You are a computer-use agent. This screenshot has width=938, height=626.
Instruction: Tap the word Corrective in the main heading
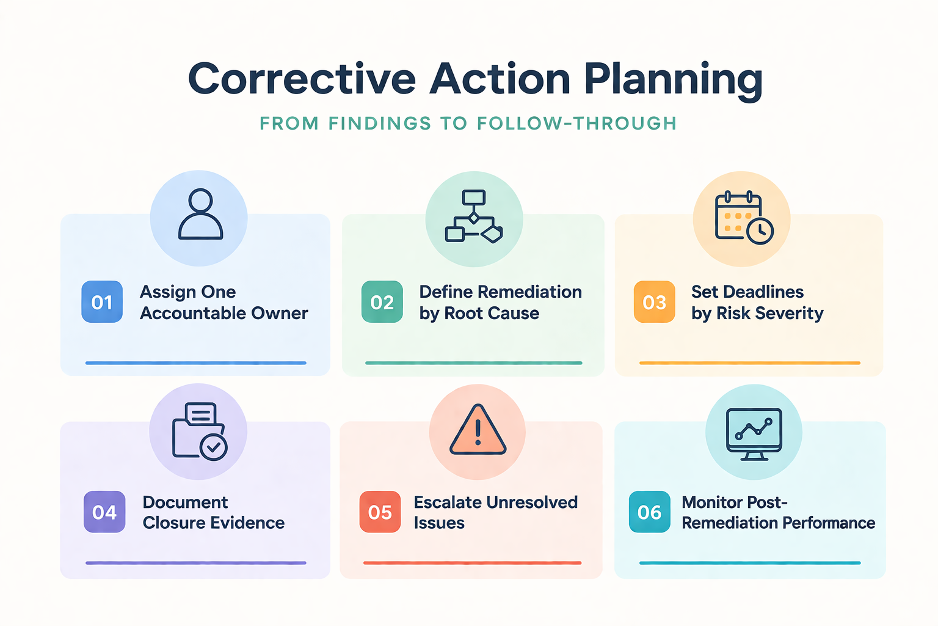tap(302, 79)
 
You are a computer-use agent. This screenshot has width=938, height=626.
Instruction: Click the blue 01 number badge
tap(102, 302)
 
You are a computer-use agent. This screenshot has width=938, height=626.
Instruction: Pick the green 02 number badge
tap(382, 302)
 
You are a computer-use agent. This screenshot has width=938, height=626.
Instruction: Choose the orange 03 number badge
tap(654, 302)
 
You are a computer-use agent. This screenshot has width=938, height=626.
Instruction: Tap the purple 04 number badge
tap(104, 512)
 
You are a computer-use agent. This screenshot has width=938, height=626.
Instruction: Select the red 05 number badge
tap(380, 512)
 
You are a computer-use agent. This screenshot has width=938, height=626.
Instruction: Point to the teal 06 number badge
tap(649, 512)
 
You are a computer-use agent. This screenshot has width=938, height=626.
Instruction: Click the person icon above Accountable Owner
tap(200, 215)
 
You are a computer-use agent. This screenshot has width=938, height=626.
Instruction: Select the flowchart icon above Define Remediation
tap(474, 216)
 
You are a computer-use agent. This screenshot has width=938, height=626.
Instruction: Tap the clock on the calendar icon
tap(760, 231)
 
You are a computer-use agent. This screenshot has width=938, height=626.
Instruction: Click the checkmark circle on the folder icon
tap(214, 447)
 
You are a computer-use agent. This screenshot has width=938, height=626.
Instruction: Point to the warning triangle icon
tap(478, 430)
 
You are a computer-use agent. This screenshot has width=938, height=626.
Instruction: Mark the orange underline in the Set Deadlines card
tap(749, 363)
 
